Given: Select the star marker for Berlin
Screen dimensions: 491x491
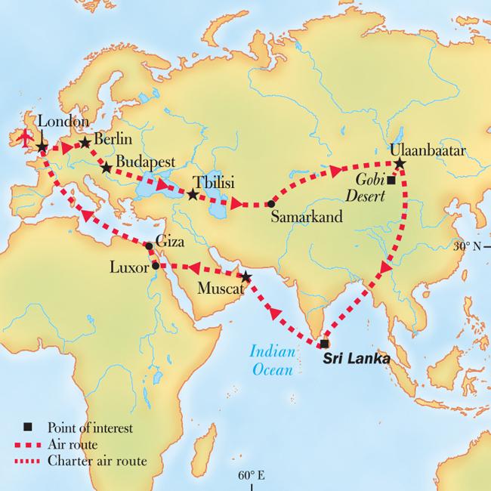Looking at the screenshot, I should click(85, 142).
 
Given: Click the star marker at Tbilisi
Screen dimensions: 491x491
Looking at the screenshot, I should click(193, 195).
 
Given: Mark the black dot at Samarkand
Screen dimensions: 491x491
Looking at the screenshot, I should click(270, 204).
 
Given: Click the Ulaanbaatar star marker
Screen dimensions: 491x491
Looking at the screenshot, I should click(400, 163).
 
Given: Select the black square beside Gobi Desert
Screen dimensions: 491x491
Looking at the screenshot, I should click(391, 181).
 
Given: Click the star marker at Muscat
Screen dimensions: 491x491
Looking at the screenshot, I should click(246, 276).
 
